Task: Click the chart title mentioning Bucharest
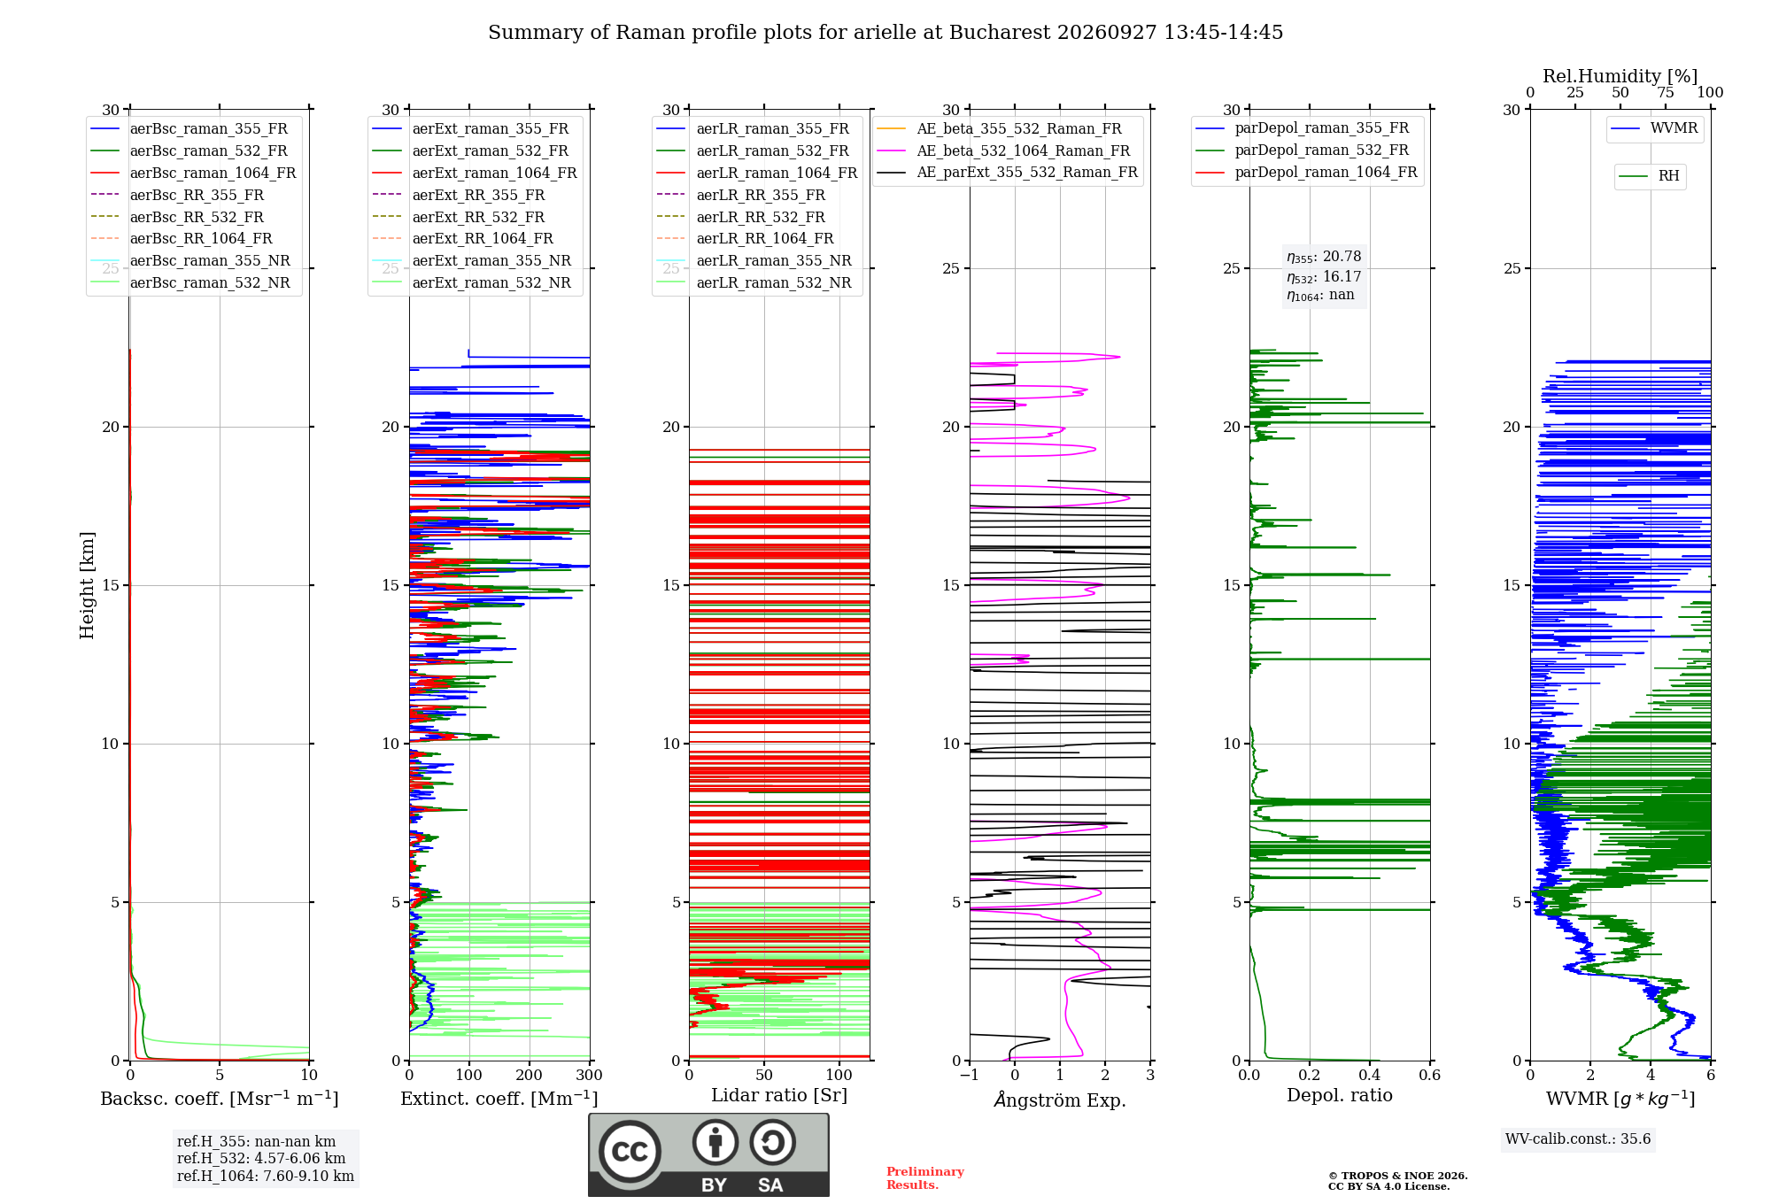point(885,33)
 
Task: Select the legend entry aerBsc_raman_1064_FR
point(193,173)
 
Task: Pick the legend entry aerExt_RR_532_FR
point(459,217)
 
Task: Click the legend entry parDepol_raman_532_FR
point(1303,150)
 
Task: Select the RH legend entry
point(1650,176)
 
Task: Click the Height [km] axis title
point(87,585)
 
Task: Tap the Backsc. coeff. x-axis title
point(220,1099)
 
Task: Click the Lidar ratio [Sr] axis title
point(779,1096)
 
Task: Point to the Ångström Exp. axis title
point(1060,1100)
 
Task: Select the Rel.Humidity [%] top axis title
point(1620,76)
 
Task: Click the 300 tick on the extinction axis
point(590,1076)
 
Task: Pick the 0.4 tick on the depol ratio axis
point(1370,1076)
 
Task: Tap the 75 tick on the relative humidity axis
point(1666,92)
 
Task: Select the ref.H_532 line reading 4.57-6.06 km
point(261,1159)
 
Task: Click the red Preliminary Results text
point(925,1178)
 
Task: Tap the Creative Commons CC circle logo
point(630,1152)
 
